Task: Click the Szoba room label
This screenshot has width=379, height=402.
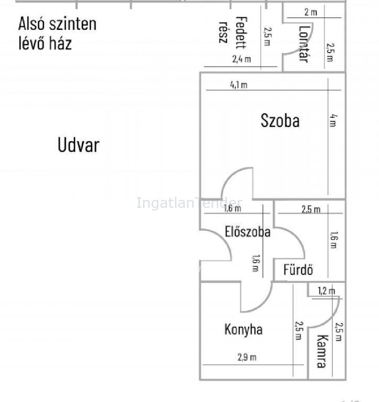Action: point(280,120)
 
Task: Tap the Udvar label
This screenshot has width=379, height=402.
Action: point(79,145)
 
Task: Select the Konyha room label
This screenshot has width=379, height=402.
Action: point(243,329)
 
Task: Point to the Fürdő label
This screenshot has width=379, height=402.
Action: point(298,269)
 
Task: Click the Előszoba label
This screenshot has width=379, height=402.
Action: point(248,231)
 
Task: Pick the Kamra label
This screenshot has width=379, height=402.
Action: point(322,351)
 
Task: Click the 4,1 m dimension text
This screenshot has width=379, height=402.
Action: point(239,85)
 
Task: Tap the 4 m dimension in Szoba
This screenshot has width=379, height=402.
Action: point(333,120)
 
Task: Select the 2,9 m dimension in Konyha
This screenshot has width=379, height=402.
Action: point(247,357)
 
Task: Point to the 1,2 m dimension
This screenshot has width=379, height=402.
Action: point(327,291)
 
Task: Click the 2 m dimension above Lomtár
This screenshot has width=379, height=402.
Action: point(310,12)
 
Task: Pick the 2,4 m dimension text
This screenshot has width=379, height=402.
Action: point(241,59)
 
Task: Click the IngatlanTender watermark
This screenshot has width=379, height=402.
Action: point(189,203)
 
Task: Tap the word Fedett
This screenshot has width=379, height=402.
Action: point(241,32)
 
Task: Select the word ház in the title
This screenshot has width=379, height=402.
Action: point(60,43)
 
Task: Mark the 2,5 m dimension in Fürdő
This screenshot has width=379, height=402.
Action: point(311,209)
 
